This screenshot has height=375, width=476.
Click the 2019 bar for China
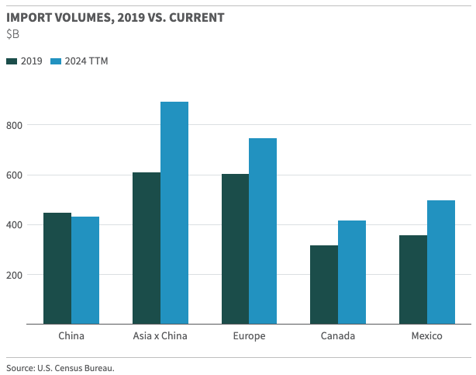(57, 268)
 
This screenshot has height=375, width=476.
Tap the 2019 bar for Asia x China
(147, 248)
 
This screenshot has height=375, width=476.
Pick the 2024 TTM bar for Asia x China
(174, 213)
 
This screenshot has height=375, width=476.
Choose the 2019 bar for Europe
(235, 248)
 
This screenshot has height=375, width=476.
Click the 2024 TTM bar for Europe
(263, 231)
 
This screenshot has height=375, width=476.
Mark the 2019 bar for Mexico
(412, 280)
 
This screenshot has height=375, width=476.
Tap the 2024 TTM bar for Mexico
(441, 262)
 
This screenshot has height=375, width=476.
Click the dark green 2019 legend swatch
(12, 61)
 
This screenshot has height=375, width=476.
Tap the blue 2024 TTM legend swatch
(56, 61)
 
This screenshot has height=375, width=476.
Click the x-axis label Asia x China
(160, 336)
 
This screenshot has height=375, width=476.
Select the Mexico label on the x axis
(426, 336)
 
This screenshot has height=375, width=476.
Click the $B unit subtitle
(12, 34)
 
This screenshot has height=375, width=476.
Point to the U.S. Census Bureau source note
(60, 368)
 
